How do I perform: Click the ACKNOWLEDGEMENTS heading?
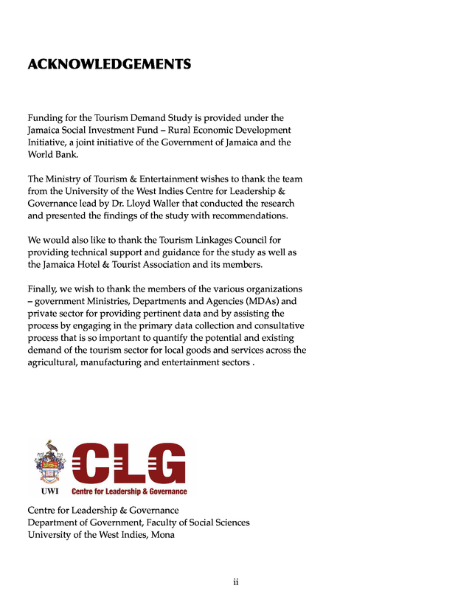coord(109,64)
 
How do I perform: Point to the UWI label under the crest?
coord(49,491)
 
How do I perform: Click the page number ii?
coord(236,582)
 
